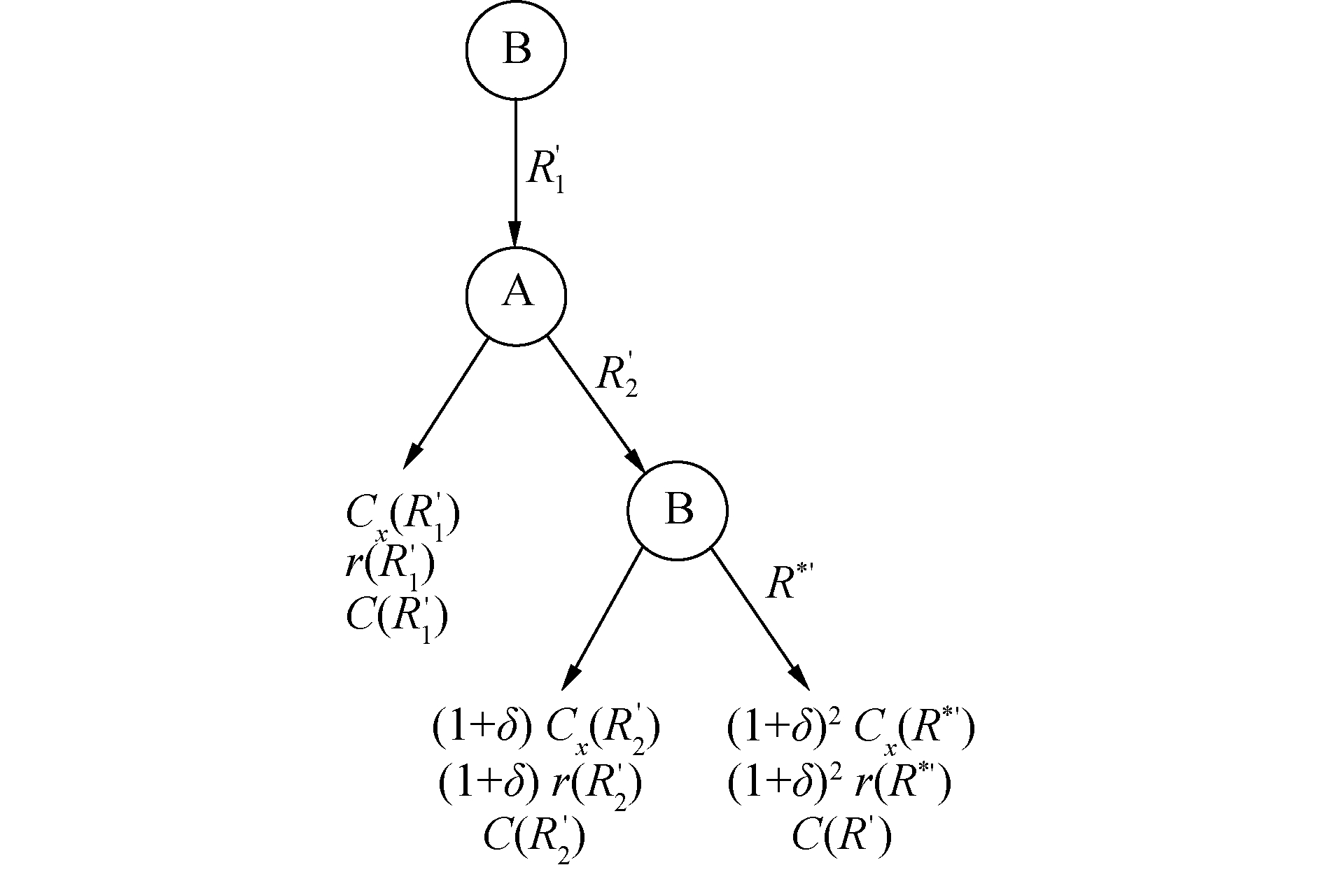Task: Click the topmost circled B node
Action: point(516,50)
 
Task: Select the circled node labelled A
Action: point(516,295)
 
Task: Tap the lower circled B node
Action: point(678,510)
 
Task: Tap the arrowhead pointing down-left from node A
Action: point(412,457)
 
